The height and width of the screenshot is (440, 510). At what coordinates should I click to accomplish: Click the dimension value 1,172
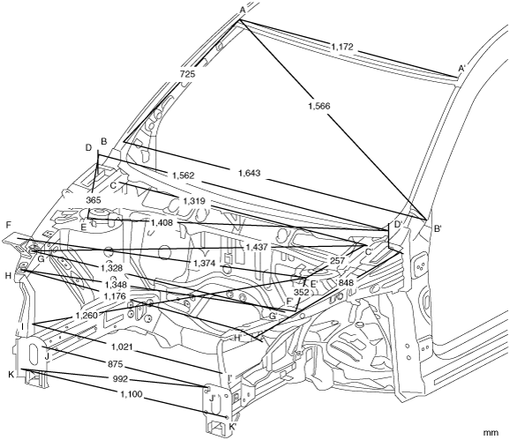click(342, 47)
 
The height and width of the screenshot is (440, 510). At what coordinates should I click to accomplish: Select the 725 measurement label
click(187, 74)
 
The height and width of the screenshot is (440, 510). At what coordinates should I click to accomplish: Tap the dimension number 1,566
click(319, 106)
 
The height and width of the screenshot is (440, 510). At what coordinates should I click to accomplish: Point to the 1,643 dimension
click(250, 173)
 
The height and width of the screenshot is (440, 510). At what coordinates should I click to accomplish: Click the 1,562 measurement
click(184, 175)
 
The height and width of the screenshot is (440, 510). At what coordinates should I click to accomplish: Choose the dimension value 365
click(94, 200)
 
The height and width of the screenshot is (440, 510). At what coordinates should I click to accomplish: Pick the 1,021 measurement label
click(122, 347)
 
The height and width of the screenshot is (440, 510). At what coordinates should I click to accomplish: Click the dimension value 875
click(116, 364)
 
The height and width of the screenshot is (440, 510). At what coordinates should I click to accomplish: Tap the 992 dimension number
click(121, 379)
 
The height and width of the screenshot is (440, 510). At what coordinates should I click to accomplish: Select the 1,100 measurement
click(131, 394)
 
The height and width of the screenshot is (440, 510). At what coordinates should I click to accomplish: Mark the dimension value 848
click(346, 283)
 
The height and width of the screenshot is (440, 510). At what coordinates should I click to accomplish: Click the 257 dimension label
click(337, 261)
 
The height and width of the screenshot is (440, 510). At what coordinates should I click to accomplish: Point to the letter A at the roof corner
click(243, 11)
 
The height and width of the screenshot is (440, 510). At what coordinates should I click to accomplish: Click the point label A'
click(462, 68)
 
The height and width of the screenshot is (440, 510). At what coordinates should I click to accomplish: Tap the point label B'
click(438, 229)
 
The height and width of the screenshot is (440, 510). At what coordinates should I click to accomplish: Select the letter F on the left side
click(9, 225)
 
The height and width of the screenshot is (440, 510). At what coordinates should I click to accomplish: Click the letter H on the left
click(9, 276)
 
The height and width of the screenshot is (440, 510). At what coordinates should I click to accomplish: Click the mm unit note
click(491, 433)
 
